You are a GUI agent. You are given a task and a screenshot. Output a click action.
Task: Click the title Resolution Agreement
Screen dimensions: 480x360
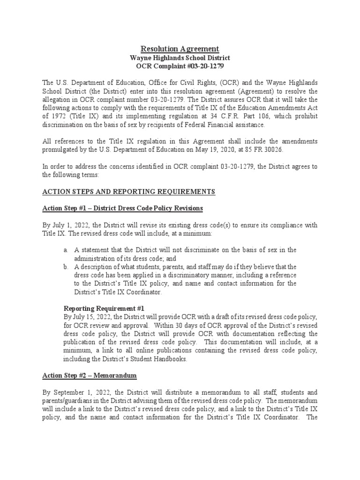(x=180, y=49)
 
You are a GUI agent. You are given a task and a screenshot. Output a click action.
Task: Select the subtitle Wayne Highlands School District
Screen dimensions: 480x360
(x=180, y=58)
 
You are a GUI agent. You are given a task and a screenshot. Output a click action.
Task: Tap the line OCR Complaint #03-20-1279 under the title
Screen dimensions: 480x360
(x=180, y=67)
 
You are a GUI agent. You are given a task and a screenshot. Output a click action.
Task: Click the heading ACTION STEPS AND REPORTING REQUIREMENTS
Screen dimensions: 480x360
(x=129, y=191)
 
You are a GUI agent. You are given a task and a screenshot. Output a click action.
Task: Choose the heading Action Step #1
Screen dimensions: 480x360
(x=64, y=208)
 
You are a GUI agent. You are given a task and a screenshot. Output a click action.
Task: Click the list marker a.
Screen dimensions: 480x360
(x=66, y=250)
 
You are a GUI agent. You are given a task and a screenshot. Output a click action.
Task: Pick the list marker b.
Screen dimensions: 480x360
(x=66, y=267)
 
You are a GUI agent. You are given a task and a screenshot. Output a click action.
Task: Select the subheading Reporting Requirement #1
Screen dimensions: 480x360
(x=104, y=308)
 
